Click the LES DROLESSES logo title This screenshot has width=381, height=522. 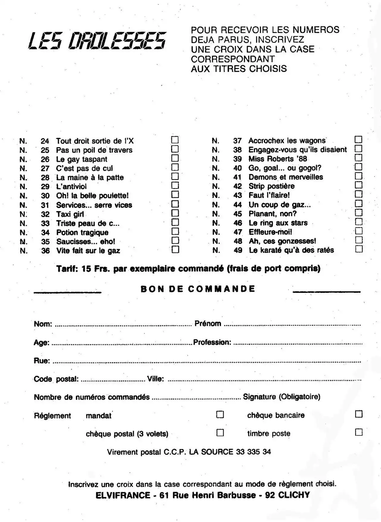(x=97, y=40)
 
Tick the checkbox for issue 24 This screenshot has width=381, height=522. (x=175, y=140)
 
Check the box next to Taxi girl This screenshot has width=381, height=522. (x=175, y=213)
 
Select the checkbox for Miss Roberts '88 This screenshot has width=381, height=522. (x=359, y=158)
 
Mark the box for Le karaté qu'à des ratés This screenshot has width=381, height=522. (x=359, y=249)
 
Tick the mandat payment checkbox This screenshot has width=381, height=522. (x=220, y=414)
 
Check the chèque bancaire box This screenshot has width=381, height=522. (x=359, y=414)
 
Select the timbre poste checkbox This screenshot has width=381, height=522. (x=359, y=432)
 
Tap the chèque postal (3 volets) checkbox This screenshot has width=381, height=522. (x=220, y=433)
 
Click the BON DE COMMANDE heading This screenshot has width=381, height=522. (x=198, y=289)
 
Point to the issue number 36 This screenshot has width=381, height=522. (x=45, y=251)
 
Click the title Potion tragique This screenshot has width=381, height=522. (x=82, y=232)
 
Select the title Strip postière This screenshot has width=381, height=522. (x=271, y=186)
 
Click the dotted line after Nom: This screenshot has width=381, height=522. (x=123, y=325)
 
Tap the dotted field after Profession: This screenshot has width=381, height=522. (x=298, y=344)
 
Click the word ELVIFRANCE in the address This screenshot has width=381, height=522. (x=123, y=495)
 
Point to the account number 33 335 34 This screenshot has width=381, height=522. (x=253, y=452)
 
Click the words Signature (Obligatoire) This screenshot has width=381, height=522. (x=282, y=397)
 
